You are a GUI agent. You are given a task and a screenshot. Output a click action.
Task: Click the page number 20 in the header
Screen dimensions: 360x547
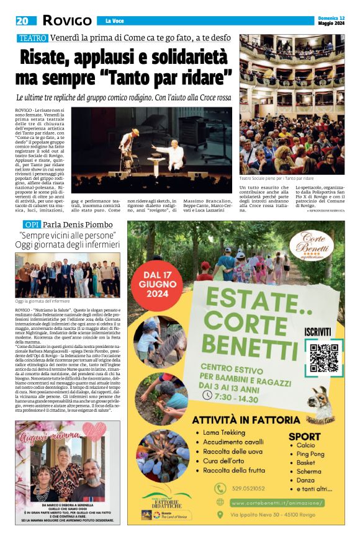(23, 20)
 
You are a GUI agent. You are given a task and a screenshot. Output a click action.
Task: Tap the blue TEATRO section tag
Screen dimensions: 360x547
(32, 38)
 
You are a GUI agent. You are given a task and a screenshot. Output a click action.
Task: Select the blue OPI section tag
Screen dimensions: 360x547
(32, 224)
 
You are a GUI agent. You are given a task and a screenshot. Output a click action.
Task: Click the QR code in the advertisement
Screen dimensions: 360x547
(325, 357)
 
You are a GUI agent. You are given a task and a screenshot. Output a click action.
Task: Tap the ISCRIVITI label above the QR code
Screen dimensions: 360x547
(324, 332)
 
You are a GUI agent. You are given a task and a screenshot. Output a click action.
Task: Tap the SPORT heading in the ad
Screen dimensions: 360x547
(305, 436)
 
